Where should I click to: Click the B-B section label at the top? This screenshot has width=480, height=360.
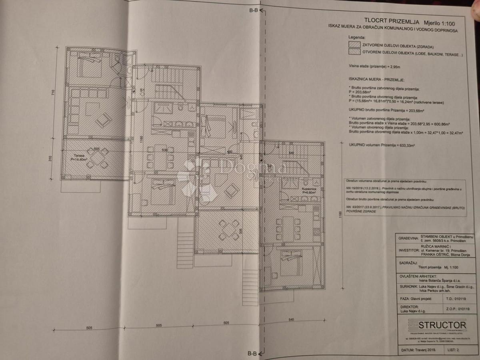coord(253,11)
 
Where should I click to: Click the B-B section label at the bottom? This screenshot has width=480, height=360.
coord(252,353)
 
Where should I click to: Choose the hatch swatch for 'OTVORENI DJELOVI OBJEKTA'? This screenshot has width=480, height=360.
coord(354,52)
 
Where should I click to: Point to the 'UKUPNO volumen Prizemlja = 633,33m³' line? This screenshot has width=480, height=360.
coord(381,145)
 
